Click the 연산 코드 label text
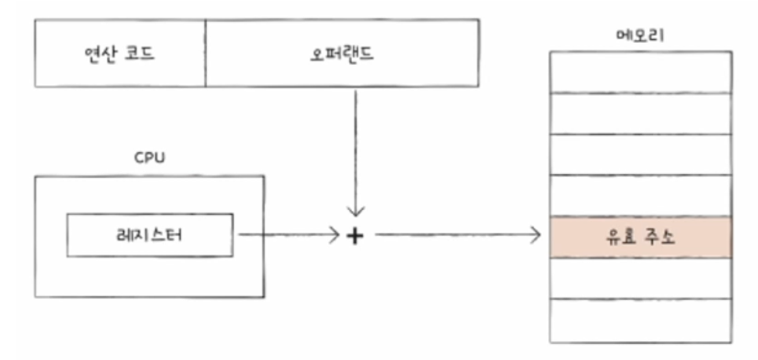(120, 54)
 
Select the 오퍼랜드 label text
(342, 54)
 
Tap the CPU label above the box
(149, 157)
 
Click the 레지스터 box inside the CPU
(149, 235)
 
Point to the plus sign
(355, 236)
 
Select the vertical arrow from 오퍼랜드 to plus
(356, 153)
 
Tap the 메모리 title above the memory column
(640, 35)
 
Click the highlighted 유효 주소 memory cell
(640, 237)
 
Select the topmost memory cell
(640, 72)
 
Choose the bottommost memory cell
(640, 321)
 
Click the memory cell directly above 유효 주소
(640, 195)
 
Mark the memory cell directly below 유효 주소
(640, 278)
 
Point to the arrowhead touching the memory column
(537, 235)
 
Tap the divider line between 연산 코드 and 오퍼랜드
(205, 53)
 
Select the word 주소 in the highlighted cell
(659, 237)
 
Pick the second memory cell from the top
(640, 113)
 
